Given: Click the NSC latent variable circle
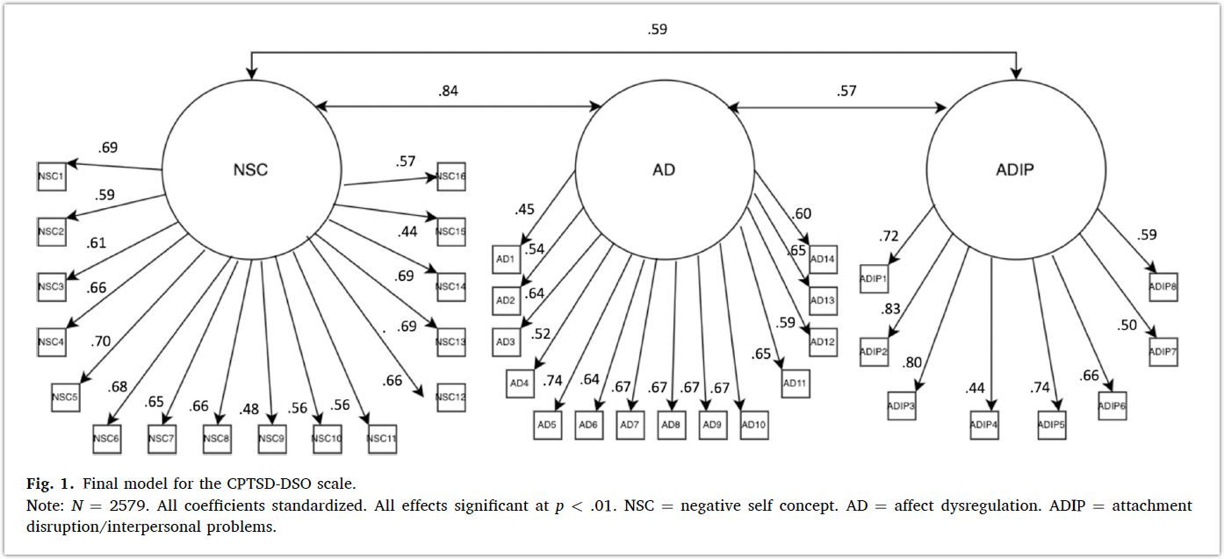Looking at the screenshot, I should click(251, 169).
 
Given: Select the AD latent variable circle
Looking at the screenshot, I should click(664, 169).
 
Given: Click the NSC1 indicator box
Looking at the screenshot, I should click(52, 176).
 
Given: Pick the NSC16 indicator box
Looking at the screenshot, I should click(451, 176).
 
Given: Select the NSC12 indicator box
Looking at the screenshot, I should click(451, 397).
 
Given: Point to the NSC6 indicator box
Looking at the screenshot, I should click(107, 438).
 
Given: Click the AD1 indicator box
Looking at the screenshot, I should click(506, 260).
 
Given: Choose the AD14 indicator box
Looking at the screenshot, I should click(823, 260).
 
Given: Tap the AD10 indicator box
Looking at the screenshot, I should click(754, 425).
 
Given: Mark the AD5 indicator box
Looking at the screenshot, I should click(547, 425).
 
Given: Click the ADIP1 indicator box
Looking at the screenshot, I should click(875, 278).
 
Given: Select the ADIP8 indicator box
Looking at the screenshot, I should click(1163, 287).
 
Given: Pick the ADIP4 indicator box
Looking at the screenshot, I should click(984, 425).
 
